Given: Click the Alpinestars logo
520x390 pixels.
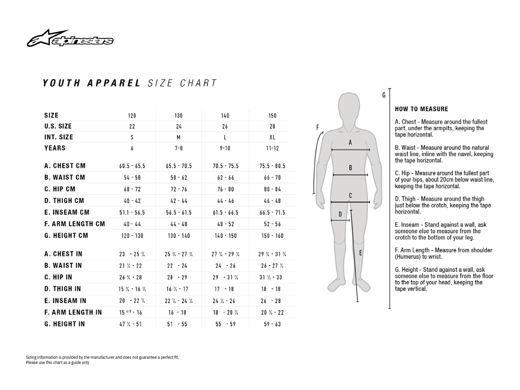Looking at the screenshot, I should (70, 39).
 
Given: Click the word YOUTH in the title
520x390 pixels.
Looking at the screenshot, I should (61, 83).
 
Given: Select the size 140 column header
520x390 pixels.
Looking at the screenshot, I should (225, 116).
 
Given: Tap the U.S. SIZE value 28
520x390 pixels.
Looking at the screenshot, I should (272, 127).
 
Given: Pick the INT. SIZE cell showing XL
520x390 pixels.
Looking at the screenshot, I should (272, 137).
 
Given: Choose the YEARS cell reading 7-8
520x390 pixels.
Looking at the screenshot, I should (179, 148).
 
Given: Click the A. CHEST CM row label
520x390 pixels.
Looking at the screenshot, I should (65, 166).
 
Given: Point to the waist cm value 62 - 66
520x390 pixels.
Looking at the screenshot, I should (225, 178).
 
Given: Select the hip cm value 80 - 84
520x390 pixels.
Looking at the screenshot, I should (272, 189).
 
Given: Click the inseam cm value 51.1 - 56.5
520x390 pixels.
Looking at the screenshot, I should (132, 213).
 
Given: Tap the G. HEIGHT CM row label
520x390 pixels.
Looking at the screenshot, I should (66, 236).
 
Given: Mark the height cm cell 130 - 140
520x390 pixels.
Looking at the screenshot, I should (179, 236).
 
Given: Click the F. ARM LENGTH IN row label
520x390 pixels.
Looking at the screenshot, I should (73, 312).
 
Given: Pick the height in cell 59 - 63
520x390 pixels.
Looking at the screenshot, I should (272, 324).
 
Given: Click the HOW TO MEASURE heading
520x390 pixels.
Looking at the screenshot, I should (421, 109).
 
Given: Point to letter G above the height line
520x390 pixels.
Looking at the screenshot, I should (384, 95).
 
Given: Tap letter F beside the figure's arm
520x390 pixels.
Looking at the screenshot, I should (318, 127).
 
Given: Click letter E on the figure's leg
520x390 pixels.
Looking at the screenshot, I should (361, 253).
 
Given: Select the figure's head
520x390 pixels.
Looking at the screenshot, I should (351, 106).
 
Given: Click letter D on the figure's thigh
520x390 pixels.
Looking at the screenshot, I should (340, 214).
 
